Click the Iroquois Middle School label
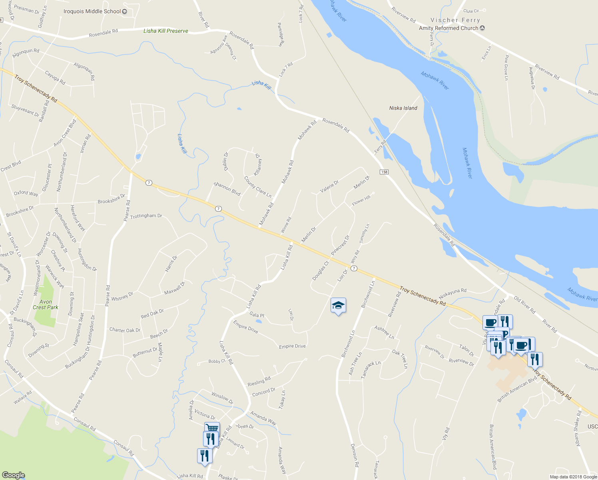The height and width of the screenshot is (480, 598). click(92, 11)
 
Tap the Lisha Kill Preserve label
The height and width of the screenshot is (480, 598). click(166, 31)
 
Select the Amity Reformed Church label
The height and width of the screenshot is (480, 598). click(448, 28)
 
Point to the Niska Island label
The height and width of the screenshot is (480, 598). click(403, 108)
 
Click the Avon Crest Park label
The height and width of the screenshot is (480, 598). click(46, 304)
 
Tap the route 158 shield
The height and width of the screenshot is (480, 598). click(384, 172)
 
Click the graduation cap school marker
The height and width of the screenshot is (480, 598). click(338, 306)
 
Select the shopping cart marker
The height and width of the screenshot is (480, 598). click(212, 428)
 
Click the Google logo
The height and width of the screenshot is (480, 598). click(13, 475)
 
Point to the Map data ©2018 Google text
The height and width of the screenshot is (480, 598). click(573, 477)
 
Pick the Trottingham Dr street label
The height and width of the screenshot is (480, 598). click(146, 216)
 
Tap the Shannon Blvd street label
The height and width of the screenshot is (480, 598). click(227, 189)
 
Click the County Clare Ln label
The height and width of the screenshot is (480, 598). click(258, 187)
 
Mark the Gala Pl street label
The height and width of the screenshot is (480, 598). click(257, 315)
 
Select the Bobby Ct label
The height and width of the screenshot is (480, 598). click(217, 361)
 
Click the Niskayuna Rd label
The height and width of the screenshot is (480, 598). click(452, 293)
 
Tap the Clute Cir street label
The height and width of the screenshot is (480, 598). click(471, 11)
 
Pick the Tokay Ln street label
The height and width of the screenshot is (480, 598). click(282, 399)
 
